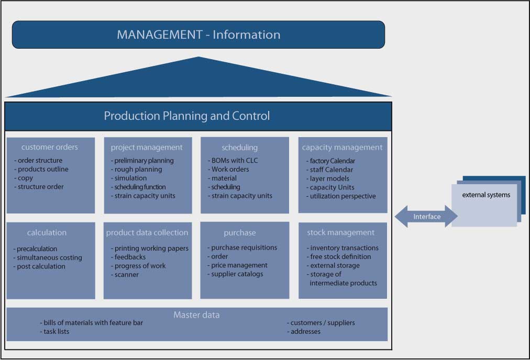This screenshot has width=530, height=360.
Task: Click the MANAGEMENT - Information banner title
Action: tap(198, 35)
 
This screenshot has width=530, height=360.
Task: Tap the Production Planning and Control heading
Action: tap(186, 116)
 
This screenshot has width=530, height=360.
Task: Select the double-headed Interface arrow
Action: tap(426, 217)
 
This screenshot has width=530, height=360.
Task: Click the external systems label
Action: tap(486, 195)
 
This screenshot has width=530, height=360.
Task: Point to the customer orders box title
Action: tap(49, 147)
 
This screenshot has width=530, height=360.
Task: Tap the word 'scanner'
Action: tap(126, 275)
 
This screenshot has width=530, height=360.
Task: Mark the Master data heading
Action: tap(196, 315)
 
